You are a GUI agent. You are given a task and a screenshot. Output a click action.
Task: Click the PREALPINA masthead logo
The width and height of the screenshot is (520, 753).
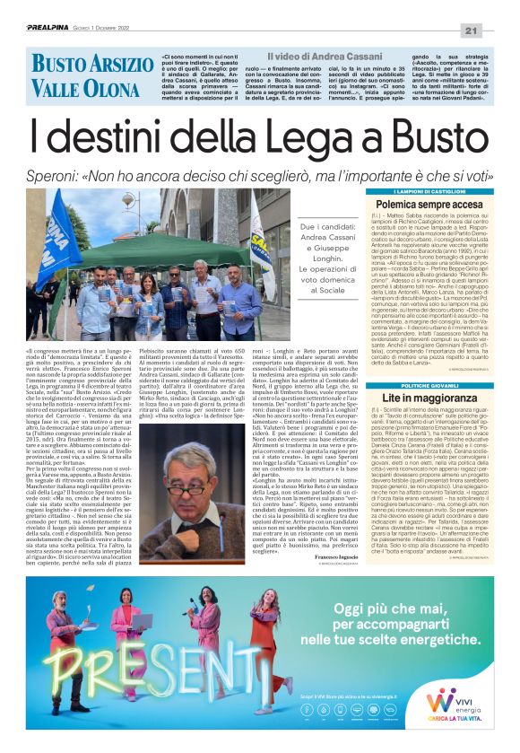point(46,7)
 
